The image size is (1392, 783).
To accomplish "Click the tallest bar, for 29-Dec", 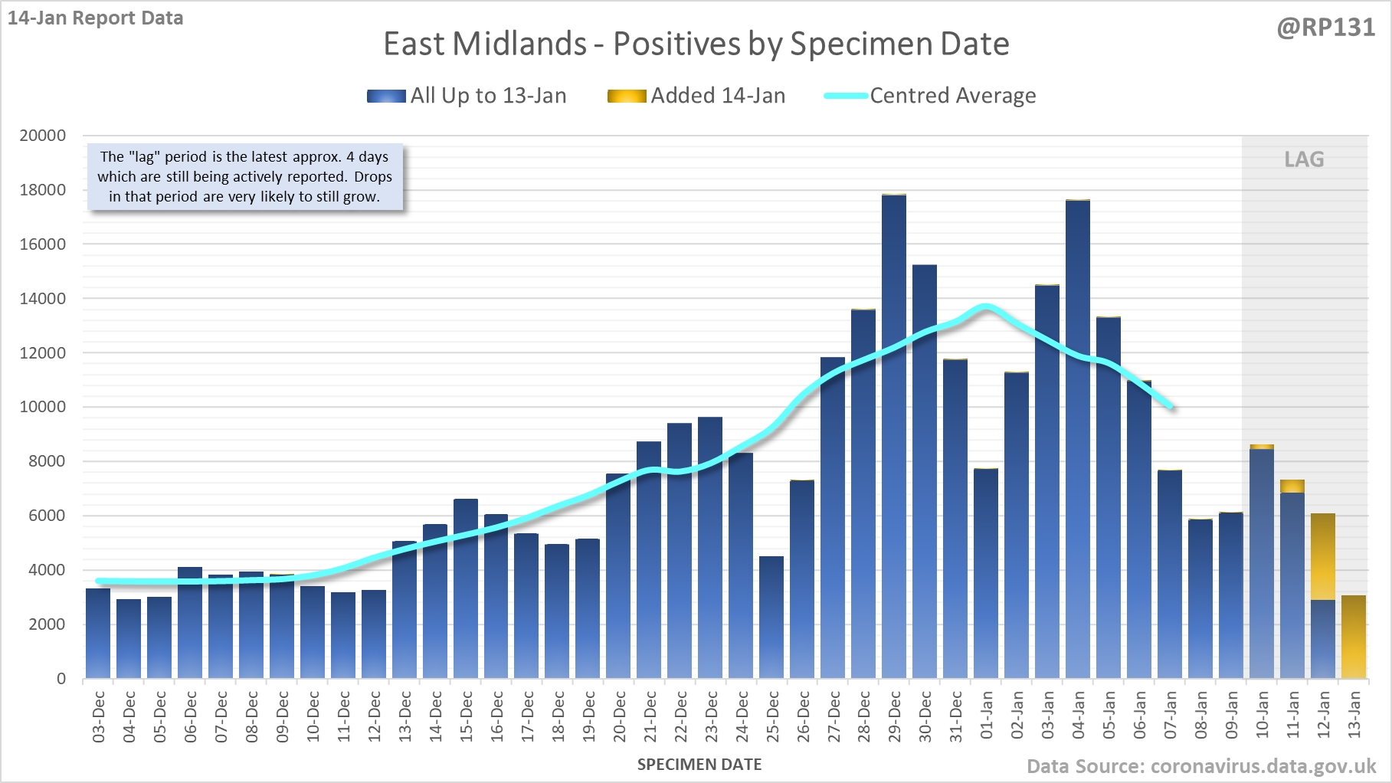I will point(894,437).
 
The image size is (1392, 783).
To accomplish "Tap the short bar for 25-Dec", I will point(771,617).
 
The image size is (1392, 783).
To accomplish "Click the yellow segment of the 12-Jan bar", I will point(1323,556).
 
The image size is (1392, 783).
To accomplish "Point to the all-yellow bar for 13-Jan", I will point(1354,637).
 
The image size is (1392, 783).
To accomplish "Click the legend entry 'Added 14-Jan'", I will point(696,96).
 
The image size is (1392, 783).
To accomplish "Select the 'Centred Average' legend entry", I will point(930,96).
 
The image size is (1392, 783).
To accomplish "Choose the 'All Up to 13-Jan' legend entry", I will point(467,96).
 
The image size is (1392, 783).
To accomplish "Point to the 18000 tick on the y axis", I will point(43,190).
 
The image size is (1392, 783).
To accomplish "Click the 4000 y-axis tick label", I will point(43,570).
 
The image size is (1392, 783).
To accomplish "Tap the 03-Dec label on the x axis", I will point(99,716).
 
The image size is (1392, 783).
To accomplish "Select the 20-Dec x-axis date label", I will point(619,716).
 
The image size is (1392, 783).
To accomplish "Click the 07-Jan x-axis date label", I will point(1170,716).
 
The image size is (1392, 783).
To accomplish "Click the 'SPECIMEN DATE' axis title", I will point(699,765).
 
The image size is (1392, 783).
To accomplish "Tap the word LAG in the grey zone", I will point(1304,159).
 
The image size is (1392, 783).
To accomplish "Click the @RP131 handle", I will point(1326,28).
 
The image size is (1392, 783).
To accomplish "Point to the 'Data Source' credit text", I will point(1201,766).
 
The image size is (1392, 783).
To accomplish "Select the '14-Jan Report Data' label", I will point(96,18).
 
